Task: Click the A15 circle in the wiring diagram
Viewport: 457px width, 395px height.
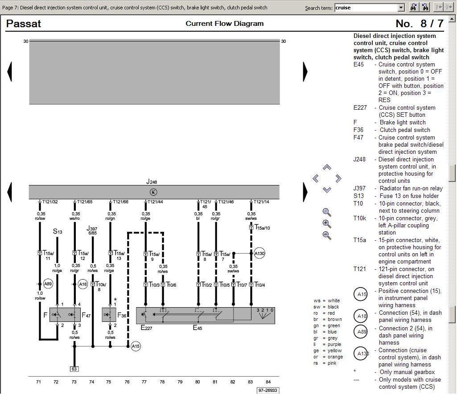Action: (136, 346)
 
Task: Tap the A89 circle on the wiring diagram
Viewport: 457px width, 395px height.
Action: (48, 284)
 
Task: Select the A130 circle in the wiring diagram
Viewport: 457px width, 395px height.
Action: (259, 254)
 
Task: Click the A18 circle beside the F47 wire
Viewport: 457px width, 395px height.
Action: (83, 284)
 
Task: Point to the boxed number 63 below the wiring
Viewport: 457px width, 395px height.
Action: (74, 369)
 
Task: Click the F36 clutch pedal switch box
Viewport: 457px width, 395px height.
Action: (109, 315)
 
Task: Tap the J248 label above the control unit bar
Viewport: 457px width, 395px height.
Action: (152, 181)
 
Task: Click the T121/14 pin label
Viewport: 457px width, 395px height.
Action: (262, 202)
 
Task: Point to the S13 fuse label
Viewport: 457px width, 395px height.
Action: (58, 231)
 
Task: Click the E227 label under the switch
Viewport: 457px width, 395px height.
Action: (147, 328)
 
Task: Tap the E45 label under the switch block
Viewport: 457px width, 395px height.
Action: (198, 328)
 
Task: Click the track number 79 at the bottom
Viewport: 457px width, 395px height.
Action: (180, 382)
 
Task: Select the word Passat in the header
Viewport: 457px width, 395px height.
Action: (23, 24)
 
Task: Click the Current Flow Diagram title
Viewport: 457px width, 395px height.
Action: (224, 24)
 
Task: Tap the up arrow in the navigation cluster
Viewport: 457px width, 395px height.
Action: (327, 168)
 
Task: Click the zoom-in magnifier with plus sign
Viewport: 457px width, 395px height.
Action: (327, 224)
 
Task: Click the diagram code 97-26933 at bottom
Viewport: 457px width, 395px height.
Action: (268, 391)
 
